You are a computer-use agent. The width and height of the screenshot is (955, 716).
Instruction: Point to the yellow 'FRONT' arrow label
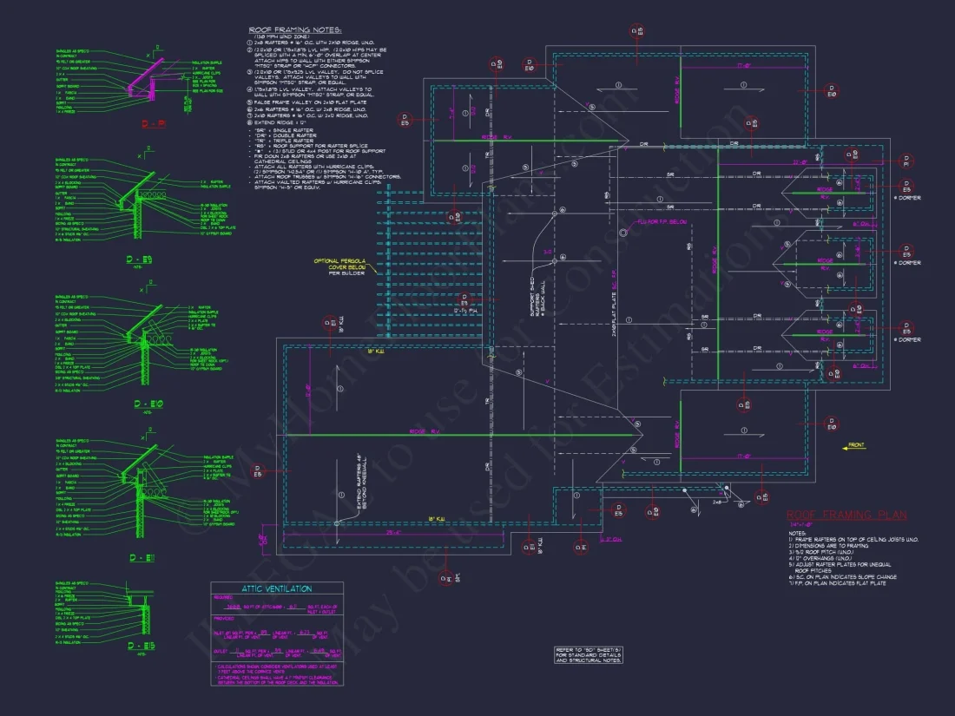(856, 445)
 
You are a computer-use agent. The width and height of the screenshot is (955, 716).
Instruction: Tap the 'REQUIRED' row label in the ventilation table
(224, 597)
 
